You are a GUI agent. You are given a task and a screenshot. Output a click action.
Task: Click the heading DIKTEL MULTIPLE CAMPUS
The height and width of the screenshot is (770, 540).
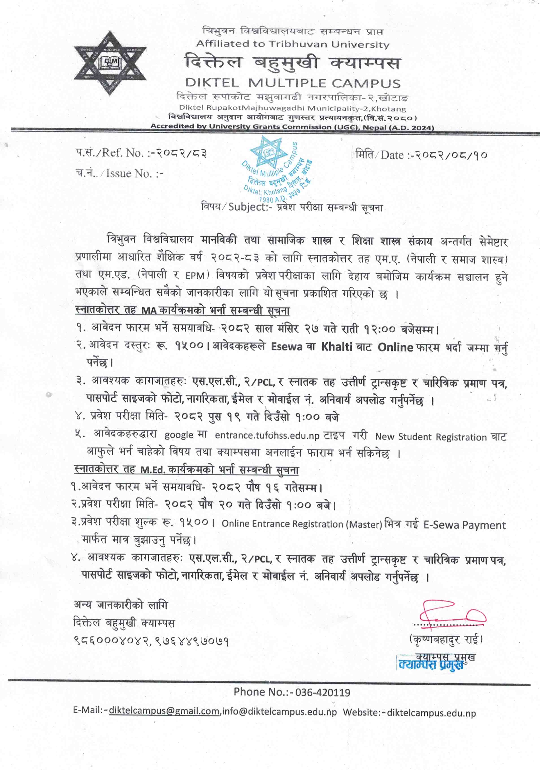pyautogui.click(x=293, y=83)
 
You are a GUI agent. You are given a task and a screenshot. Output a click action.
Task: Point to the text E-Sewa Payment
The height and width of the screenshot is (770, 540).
pyautogui.click(x=464, y=525)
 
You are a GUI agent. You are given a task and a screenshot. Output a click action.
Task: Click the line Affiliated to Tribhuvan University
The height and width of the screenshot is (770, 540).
pyautogui.click(x=293, y=44)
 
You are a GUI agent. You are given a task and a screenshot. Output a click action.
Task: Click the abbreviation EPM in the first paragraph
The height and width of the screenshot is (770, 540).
pyautogui.click(x=195, y=276)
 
